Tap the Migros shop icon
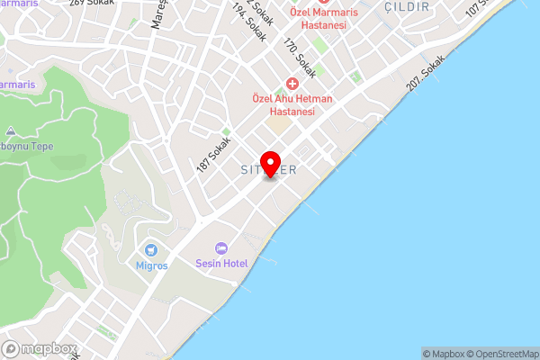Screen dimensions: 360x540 click(x=151, y=249)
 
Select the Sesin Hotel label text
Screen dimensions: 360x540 click(x=221, y=264)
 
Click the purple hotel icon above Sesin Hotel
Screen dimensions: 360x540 click(x=221, y=248)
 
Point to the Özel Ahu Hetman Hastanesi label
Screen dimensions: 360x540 click(x=292, y=104)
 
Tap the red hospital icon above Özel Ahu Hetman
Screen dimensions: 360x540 click(x=292, y=84)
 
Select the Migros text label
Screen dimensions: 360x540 click(x=151, y=266)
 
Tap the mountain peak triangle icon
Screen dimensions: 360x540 click(x=11, y=131)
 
